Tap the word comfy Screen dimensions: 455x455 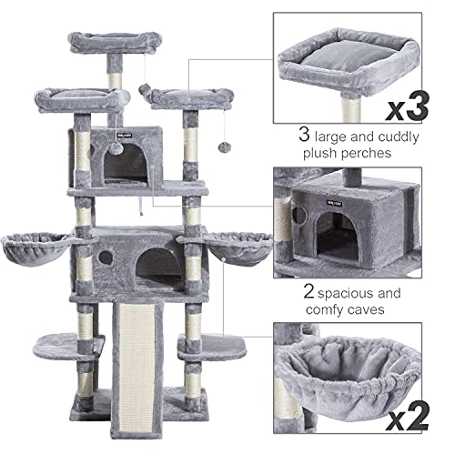pyautogui.click(x=321, y=311)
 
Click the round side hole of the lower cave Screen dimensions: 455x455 pyautogui.click(x=105, y=258)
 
